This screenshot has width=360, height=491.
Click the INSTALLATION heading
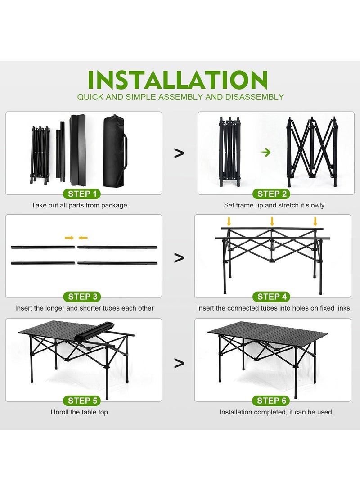tap(178, 80)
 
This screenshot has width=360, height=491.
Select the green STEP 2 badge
tap(272, 194)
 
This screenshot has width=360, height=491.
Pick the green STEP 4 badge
tap(272, 297)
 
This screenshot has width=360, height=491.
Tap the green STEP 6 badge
tap(272, 401)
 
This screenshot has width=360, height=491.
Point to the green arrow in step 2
tap(266, 152)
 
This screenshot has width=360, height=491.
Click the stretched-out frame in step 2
tap(312, 152)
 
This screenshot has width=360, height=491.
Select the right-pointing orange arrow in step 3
tap(69, 238)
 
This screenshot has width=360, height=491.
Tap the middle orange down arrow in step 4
tap(272, 221)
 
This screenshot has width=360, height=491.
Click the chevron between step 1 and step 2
tap(179, 153)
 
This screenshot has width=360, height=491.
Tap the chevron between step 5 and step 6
tap(179, 363)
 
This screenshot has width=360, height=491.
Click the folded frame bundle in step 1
tap(40, 153)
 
